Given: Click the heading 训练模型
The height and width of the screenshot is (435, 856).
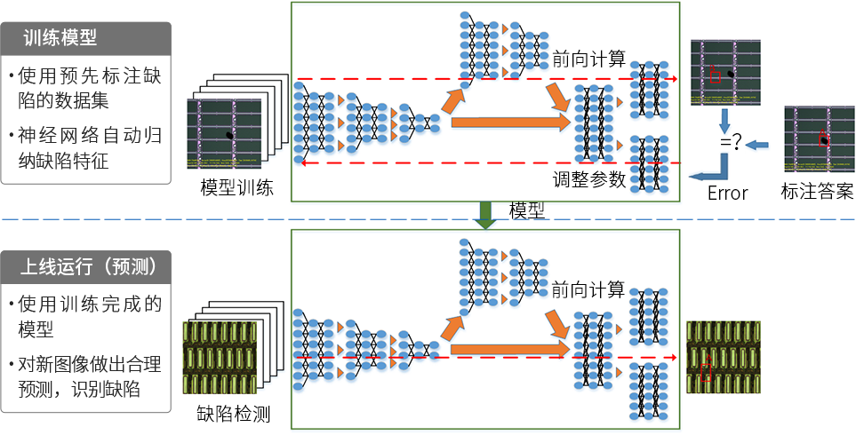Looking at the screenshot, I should tap(60, 38).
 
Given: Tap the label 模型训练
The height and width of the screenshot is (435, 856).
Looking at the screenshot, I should tap(236, 187).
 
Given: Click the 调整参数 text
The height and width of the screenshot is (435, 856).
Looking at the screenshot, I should tap(588, 179).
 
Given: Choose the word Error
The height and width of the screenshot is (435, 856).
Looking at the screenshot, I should tap(727, 193).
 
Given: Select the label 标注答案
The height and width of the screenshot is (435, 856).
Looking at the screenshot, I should tap(816, 192).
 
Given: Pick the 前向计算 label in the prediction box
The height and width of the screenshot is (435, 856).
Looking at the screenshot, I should tap(588, 289).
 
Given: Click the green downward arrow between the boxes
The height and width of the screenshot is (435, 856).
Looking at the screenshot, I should tap(485, 214).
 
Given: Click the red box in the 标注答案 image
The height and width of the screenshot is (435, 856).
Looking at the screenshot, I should tap(823, 138).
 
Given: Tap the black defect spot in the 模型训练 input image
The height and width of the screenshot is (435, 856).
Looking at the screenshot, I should tap(231, 134).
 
